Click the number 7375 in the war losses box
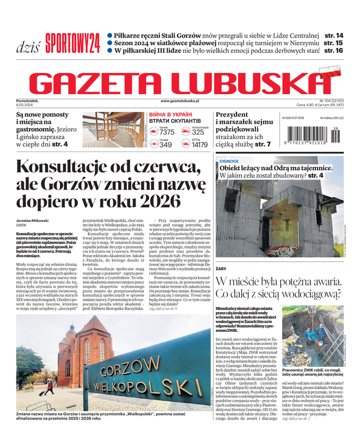click(167, 132)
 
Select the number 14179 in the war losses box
click(200, 144)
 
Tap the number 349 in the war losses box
click(166, 144)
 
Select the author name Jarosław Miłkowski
click(35, 220)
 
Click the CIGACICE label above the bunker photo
click(229, 161)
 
